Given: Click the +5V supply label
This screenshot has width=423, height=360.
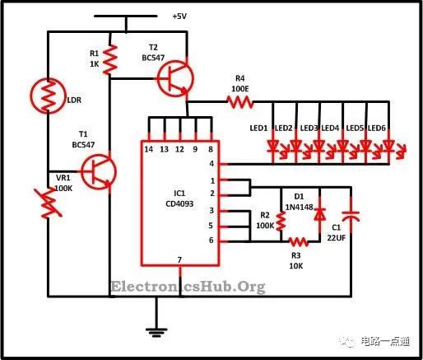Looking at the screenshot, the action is (x=179, y=16).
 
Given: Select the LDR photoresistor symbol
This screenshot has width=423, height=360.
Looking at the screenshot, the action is (x=48, y=96).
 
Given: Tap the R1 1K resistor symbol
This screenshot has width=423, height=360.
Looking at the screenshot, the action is (x=110, y=60).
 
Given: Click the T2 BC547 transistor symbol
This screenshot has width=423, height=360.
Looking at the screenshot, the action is (x=175, y=78).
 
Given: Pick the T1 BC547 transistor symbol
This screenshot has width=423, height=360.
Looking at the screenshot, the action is (x=99, y=172).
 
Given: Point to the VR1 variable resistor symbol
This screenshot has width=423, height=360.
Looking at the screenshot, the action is (x=49, y=203).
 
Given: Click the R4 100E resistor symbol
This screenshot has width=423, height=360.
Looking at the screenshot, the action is (x=240, y=102).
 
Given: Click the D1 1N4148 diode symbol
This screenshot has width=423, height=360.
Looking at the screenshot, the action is (x=320, y=214).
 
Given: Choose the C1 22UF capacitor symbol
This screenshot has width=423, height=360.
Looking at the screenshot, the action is (x=351, y=217).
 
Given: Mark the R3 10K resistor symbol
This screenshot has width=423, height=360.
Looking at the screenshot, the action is (x=299, y=241).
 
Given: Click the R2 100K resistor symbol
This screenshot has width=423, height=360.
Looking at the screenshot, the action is (x=281, y=222).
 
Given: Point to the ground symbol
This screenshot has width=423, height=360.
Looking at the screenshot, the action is (x=156, y=332).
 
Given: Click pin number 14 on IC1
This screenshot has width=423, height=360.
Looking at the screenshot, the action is (x=149, y=149).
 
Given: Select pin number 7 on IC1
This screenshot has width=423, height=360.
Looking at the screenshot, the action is (x=179, y=259).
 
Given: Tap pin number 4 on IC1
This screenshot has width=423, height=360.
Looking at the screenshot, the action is (x=211, y=164).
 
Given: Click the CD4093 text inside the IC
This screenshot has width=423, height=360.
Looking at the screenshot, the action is (x=179, y=203).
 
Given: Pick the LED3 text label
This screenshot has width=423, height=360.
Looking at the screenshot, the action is (x=309, y=128).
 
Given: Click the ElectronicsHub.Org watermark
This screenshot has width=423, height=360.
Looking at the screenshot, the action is (x=188, y=287).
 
